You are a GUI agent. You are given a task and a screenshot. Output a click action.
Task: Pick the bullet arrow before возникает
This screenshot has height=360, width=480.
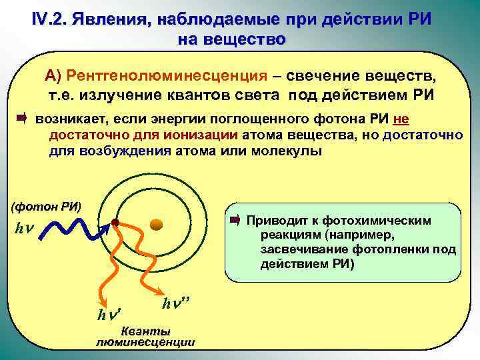pos(21,119)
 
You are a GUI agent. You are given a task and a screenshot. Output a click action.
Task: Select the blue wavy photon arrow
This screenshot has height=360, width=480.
pos(73,229)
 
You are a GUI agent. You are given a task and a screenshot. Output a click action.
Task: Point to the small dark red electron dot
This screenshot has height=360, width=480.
pos(115,222)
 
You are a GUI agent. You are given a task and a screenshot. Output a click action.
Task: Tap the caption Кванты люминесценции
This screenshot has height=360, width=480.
pos(145,337)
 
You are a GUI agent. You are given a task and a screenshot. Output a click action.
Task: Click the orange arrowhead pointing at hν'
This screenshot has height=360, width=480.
pos(101,295)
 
